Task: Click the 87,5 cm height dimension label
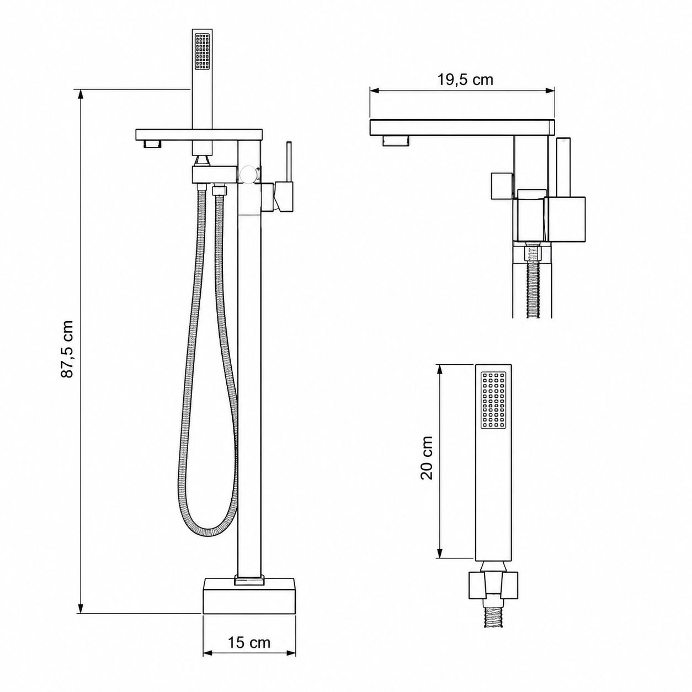(67, 349)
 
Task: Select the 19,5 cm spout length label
(465, 79)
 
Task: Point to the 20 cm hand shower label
(427, 458)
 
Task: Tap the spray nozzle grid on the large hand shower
(493, 400)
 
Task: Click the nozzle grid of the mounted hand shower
(201, 51)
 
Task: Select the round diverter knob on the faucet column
(249, 174)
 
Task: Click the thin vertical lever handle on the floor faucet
(289, 162)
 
